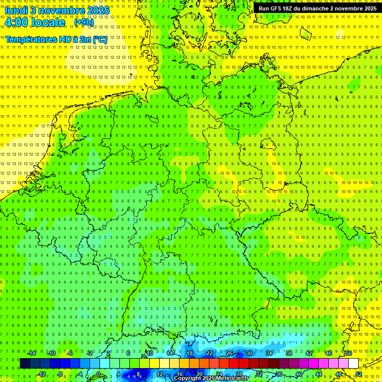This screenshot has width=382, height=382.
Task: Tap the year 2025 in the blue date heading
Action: tap(97, 10)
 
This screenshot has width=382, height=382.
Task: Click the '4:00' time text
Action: tap(16, 22)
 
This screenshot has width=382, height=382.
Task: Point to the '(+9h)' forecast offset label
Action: tap(83, 22)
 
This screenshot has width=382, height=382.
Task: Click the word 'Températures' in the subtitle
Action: tap(29, 39)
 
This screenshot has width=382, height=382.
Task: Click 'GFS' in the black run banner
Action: tap(277, 8)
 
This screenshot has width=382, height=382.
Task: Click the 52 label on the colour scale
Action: tap(358, 374)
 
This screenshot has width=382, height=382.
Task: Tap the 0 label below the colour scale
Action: tap(98, 374)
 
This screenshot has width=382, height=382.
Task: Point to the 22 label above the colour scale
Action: tap(209, 353)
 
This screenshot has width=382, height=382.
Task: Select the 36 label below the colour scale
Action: tap(279, 374)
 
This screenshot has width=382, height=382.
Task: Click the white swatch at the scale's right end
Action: tap(353, 364)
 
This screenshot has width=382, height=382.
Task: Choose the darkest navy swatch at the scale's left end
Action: tap(25, 364)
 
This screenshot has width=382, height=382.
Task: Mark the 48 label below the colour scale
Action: tap(338, 374)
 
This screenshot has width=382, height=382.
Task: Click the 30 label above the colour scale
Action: tap(249, 353)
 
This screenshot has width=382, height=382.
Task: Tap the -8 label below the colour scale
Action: tap(60, 374)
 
